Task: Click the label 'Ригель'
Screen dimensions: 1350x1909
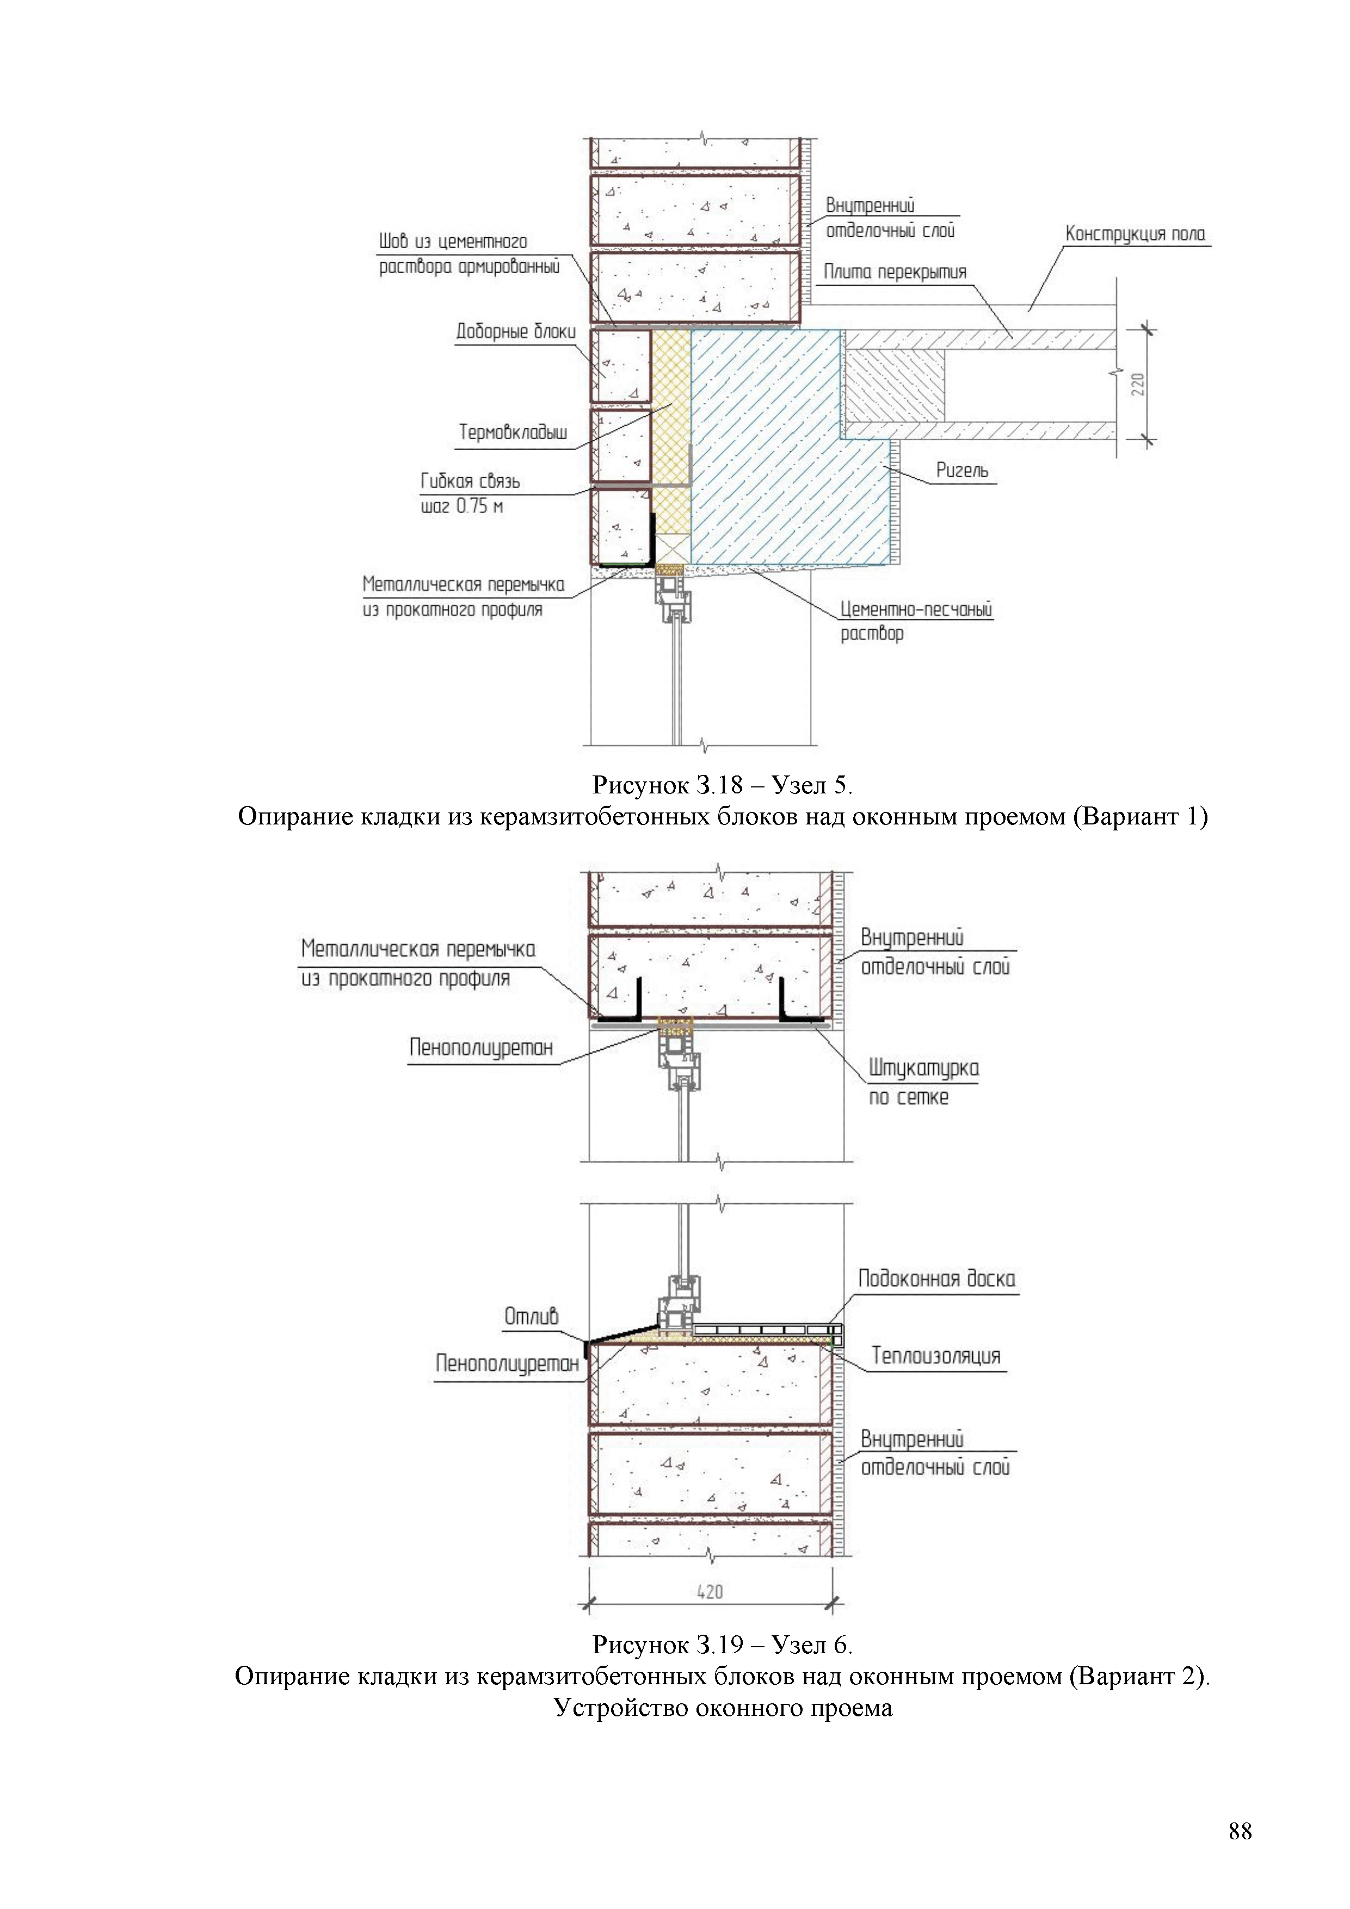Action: (962, 471)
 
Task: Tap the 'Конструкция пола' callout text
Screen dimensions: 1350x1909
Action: (1135, 235)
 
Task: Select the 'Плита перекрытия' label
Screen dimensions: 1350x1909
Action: (895, 272)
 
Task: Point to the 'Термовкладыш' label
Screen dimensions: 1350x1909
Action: (513, 432)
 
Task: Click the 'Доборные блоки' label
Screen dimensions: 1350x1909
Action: (515, 332)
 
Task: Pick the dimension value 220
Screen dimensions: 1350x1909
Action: (1138, 384)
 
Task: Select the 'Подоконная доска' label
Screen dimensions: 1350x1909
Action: (936, 1279)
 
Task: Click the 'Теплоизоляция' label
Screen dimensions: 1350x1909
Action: (935, 1356)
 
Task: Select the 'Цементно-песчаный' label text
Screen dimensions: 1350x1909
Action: (916, 609)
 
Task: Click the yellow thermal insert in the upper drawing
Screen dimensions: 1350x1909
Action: (670, 416)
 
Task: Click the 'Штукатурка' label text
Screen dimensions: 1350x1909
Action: (923, 1068)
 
